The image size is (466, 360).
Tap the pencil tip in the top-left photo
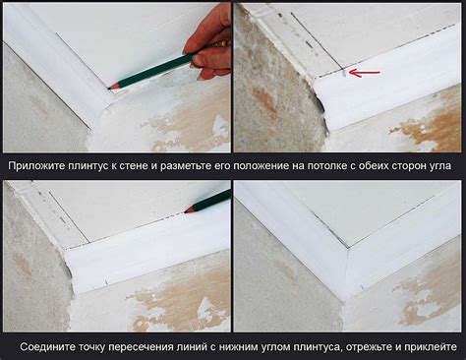(x=112, y=88)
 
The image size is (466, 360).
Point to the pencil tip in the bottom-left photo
(x=187, y=210)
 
